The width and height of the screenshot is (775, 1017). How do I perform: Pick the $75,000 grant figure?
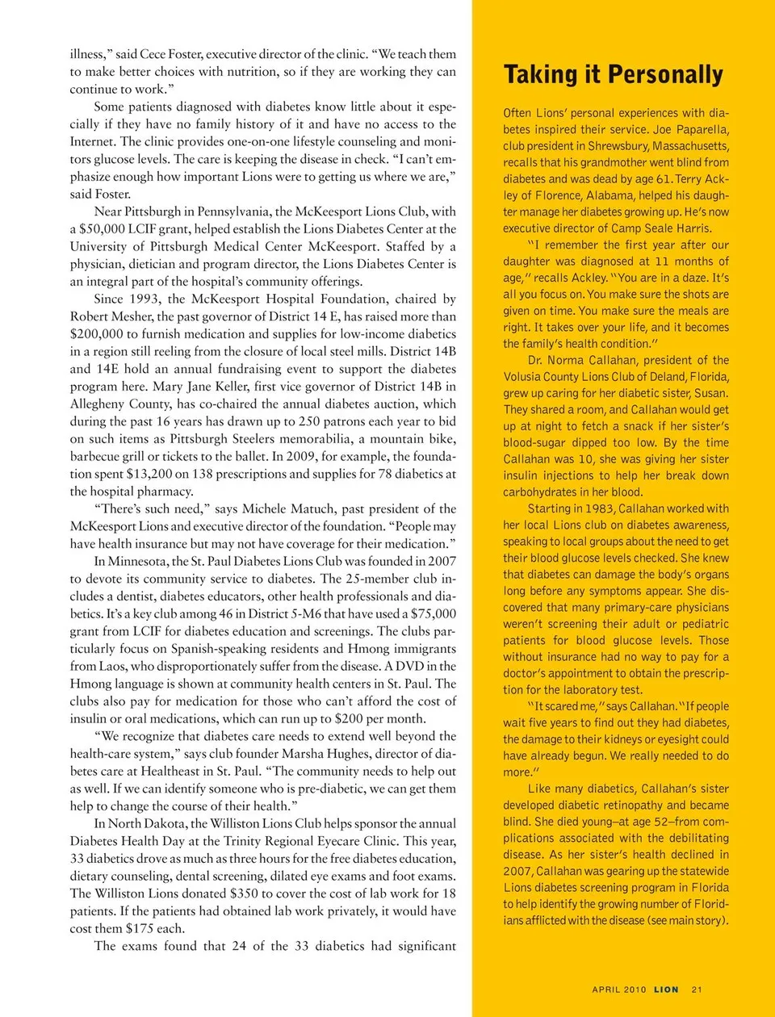pyautogui.click(x=433, y=613)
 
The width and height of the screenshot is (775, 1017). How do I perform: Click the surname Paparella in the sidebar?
pyautogui.click(x=702, y=129)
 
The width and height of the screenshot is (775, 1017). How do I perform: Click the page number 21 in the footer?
pyautogui.click(x=697, y=990)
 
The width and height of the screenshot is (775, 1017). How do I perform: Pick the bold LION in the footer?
pyautogui.click(x=666, y=990)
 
